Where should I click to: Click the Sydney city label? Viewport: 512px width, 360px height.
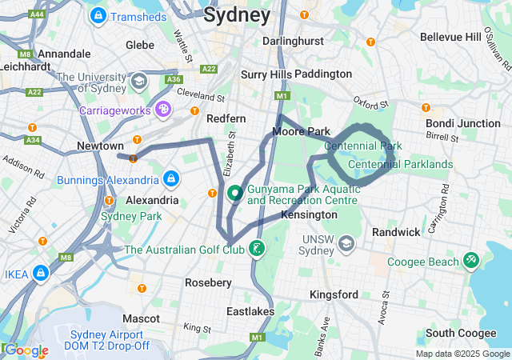(237, 14)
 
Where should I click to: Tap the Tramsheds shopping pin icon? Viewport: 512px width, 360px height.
(98, 15)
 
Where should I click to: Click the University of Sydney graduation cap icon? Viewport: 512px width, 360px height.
(139, 82)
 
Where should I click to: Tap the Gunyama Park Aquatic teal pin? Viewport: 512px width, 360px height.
(236, 194)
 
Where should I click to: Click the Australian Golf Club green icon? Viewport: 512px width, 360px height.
(256, 249)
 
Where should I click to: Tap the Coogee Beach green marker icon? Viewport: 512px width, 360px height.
(470, 261)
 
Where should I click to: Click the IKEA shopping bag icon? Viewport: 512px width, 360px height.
(41, 274)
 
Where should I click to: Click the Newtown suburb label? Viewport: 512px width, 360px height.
(100, 146)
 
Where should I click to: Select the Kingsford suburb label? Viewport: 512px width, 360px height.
(334, 294)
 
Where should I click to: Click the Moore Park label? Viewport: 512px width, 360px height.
(301, 130)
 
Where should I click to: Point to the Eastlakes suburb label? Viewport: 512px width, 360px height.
(251, 311)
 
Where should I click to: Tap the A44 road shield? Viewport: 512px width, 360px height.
(37, 14)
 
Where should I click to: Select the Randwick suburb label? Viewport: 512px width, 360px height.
(396, 232)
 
